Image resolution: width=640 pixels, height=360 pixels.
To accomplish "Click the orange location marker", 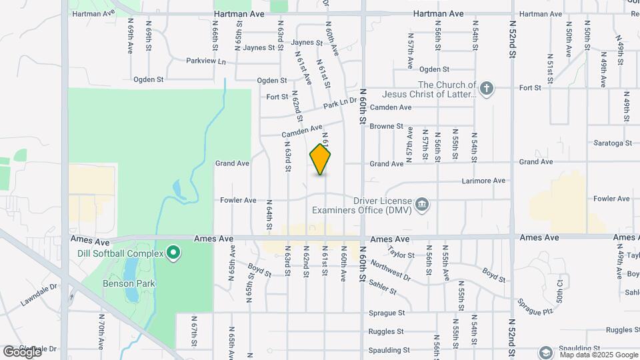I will pyautogui.click(x=321, y=159).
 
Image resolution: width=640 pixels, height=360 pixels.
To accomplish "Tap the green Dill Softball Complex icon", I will pyautogui.click(x=173, y=252).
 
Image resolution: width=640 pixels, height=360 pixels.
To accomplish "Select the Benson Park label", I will pyautogui.click(x=121, y=283).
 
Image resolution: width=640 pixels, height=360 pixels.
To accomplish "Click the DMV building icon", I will pyautogui.click(x=421, y=205).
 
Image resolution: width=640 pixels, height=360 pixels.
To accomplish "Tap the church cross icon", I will pyautogui.click(x=487, y=89).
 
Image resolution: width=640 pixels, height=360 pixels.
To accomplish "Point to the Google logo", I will pyautogui.click(x=22, y=351).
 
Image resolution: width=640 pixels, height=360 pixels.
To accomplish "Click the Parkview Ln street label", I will pyautogui.click(x=206, y=61).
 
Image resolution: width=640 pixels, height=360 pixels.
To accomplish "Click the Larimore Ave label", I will pyautogui.click(x=483, y=181).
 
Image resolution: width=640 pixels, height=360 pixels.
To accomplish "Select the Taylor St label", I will pyautogui.click(x=401, y=255).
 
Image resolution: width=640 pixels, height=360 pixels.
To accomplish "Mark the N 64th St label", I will pyautogui.click(x=269, y=215).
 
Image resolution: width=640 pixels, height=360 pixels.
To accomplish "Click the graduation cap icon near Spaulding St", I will pyautogui.click(x=545, y=352).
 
